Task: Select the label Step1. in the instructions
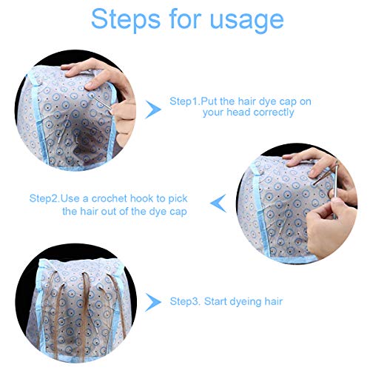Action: click(x=185, y=101)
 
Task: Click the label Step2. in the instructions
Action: click(x=45, y=198)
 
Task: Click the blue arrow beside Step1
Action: click(x=154, y=110)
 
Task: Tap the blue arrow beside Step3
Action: click(x=153, y=302)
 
